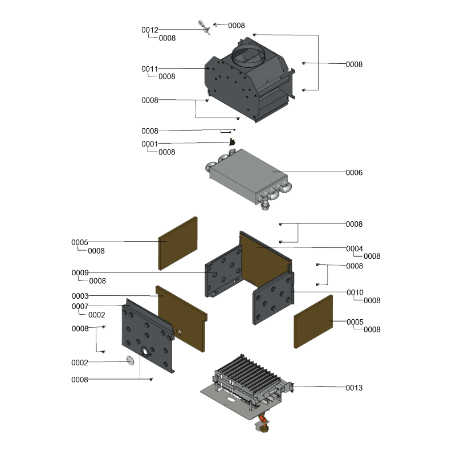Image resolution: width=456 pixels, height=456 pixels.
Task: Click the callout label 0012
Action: [x=150, y=30]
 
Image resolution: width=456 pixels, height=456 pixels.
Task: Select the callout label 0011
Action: [x=150, y=69]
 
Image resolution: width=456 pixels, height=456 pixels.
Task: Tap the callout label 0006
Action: [x=354, y=173]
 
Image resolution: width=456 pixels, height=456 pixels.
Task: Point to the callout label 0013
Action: [x=354, y=388]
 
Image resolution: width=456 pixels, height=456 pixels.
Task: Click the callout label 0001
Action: [x=150, y=144]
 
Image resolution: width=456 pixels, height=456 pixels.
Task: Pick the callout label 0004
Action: [x=355, y=249]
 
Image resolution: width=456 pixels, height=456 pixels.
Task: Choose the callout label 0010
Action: [x=355, y=292]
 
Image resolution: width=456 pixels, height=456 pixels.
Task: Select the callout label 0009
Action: [x=80, y=272]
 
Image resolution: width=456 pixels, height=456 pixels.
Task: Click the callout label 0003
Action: [x=80, y=296]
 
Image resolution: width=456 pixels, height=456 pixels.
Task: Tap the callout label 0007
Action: [x=80, y=306]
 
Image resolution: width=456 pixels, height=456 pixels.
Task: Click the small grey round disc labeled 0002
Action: [x=131, y=361]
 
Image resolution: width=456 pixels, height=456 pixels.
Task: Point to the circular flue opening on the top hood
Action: [x=249, y=55]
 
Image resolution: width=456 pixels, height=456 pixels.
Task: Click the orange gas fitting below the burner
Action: [x=263, y=420]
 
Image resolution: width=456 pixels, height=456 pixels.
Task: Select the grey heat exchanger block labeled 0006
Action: [x=249, y=178]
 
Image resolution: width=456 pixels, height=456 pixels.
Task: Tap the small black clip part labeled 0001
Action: [x=233, y=142]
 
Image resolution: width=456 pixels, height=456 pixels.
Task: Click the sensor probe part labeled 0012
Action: [x=203, y=27]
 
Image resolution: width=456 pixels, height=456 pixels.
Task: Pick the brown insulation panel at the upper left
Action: [x=178, y=243]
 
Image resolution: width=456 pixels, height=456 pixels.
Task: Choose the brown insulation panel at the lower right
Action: [x=313, y=321]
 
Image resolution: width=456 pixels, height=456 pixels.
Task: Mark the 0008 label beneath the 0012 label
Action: [x=167, y=38]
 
